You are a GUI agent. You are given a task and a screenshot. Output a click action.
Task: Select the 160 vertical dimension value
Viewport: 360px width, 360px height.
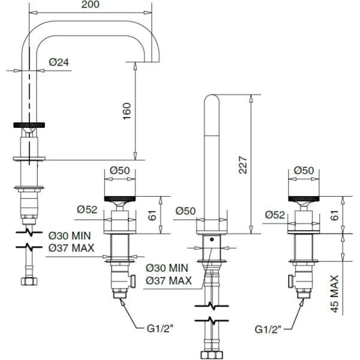click(126, 111)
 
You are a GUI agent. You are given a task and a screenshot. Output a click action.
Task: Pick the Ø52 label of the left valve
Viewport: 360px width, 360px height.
click(87, 209)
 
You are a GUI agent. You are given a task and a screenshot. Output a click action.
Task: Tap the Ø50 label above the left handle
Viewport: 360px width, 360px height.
click(120, 170)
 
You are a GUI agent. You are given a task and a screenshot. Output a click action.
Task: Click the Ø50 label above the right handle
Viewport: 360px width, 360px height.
click(304, 170)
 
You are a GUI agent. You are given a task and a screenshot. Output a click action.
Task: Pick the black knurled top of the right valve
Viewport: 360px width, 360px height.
click(304, 198)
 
